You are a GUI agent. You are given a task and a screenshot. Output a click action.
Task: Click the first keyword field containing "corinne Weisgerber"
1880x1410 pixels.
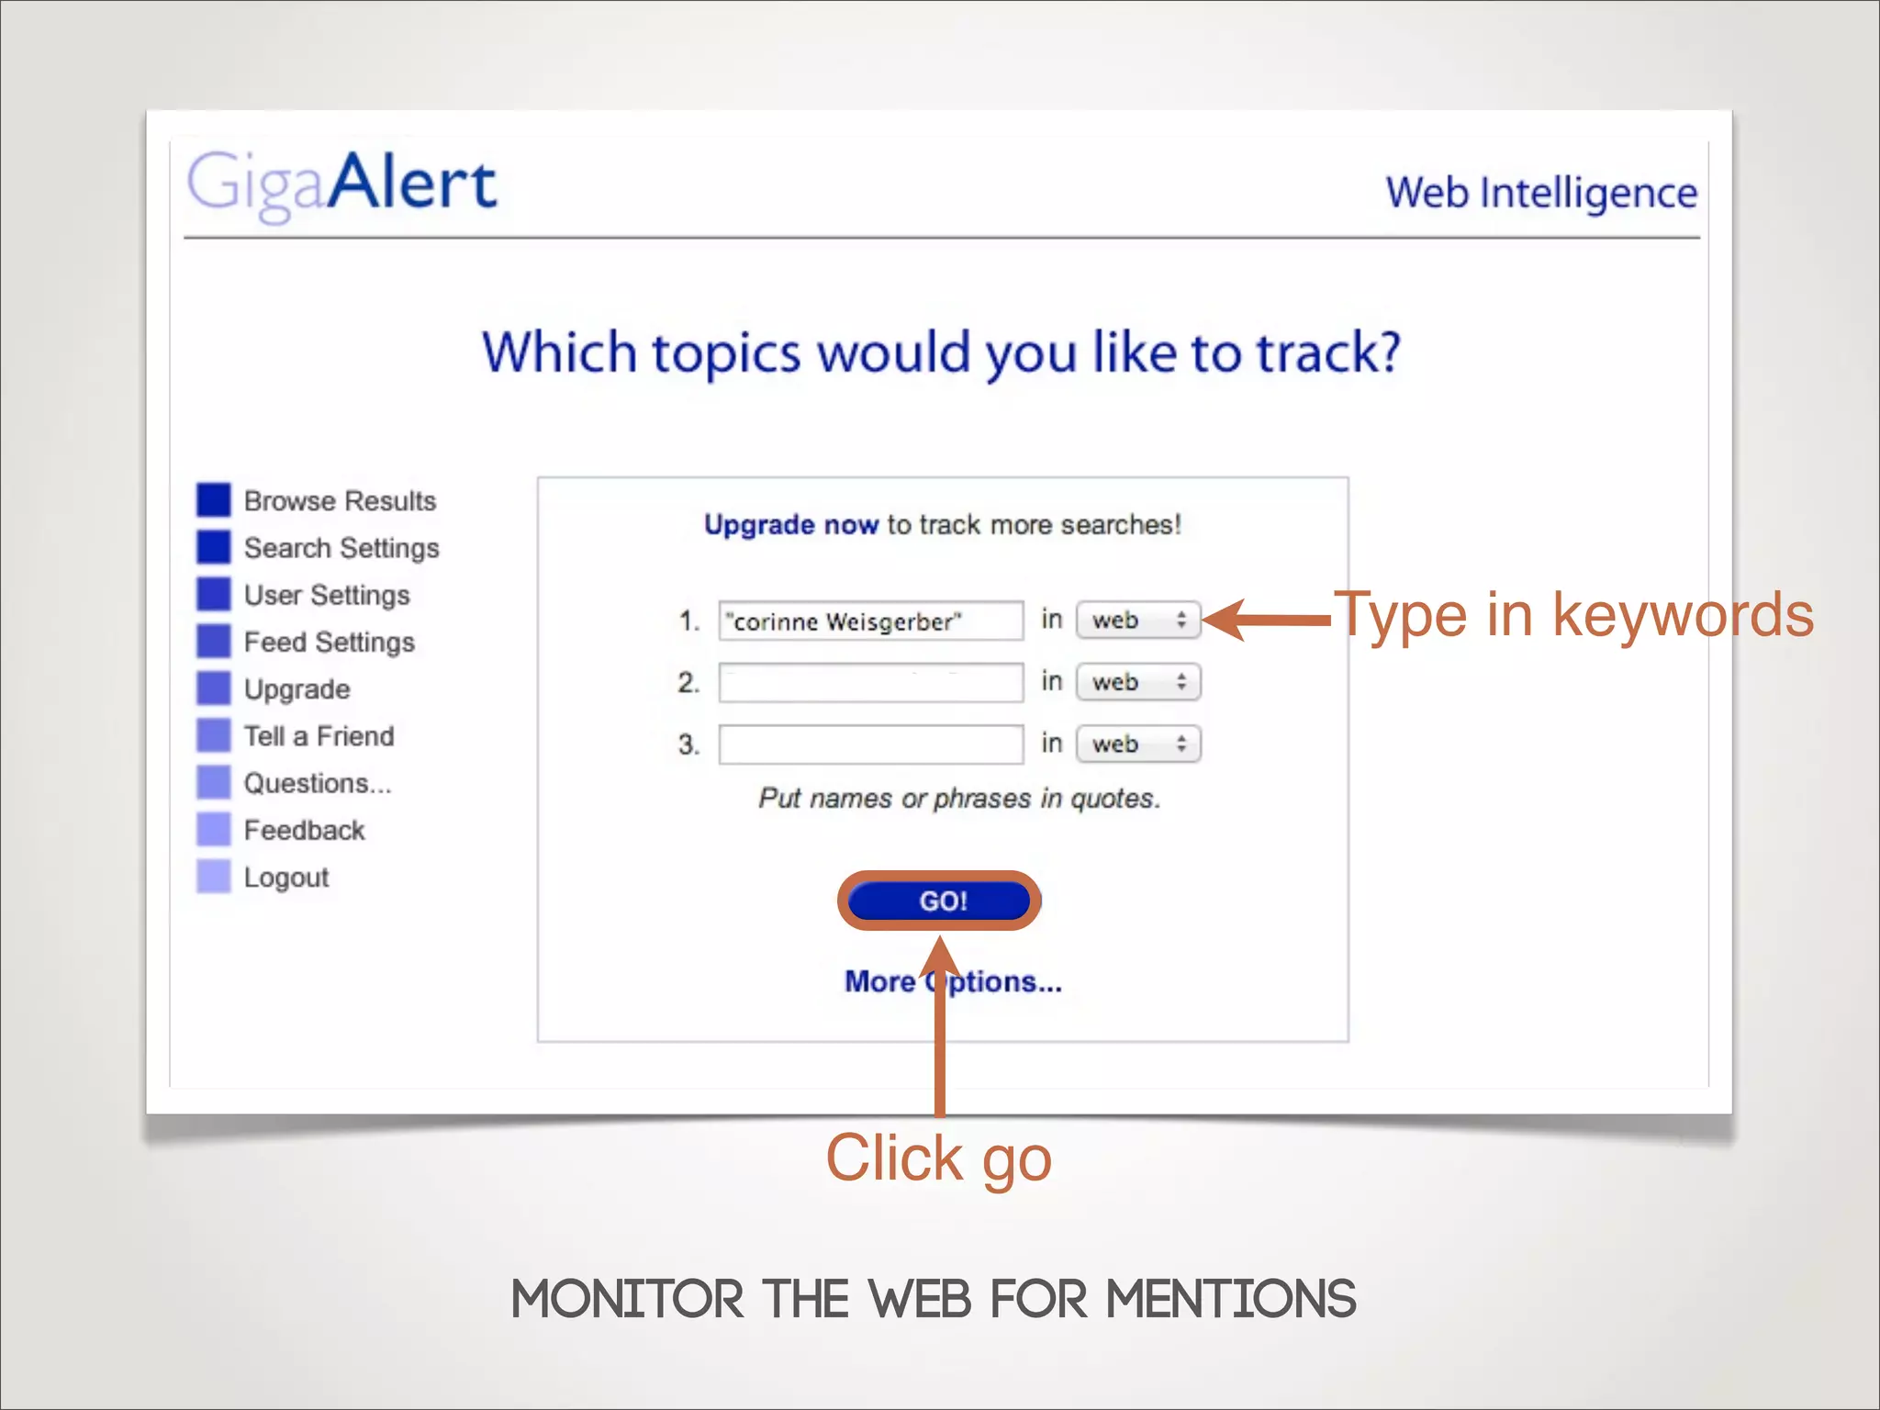[869, 621]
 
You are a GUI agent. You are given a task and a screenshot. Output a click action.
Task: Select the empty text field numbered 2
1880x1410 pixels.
[869, 683]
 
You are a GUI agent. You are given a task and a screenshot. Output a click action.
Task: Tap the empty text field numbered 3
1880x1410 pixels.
[869, 744]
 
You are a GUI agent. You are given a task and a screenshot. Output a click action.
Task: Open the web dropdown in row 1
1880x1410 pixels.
[1138, 621]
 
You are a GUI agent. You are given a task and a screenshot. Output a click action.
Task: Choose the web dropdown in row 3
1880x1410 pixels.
[1138, 744]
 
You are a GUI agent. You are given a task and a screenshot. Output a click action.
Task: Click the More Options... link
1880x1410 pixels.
[953, 982]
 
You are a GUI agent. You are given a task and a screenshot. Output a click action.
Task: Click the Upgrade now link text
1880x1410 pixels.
[790, 525]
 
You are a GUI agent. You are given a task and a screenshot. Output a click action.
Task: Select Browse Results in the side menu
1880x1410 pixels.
[340, 501]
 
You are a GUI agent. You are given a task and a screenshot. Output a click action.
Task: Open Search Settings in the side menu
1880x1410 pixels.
[341, 548]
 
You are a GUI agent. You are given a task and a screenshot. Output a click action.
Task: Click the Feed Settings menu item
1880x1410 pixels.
[329, 643]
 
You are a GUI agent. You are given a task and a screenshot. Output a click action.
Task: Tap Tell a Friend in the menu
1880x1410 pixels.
[319, 736]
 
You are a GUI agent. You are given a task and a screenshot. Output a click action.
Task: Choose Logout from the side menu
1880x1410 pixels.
[285, 878]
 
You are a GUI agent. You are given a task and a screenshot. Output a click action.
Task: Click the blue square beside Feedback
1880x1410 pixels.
[214, 830]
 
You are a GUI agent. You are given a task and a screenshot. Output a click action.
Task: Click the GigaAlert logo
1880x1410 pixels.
[341, 184]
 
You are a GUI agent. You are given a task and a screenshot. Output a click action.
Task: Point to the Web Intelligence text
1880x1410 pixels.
[1541, 194]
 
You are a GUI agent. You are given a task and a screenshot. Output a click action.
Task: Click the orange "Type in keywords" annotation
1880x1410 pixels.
[1573, 614]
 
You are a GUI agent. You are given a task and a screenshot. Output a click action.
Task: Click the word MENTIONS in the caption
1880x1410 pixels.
[1230, 1300]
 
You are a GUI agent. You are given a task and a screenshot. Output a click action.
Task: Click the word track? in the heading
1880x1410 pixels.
[1328, 352]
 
